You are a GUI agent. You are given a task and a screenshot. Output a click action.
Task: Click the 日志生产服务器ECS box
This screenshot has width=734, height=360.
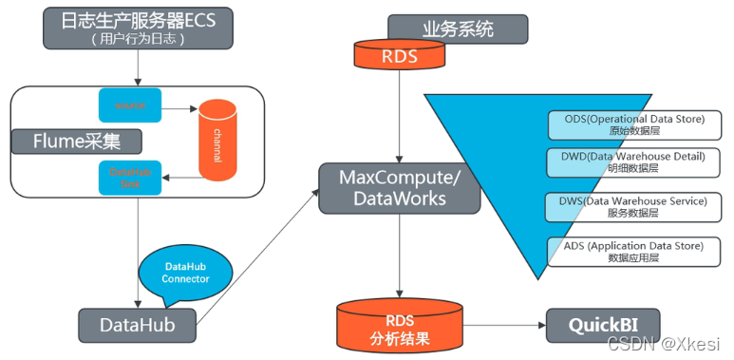pyautogui.click(x=138, y=28)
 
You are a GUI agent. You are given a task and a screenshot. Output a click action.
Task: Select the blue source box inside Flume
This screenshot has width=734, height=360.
pyautogui.click(x=130, y=103)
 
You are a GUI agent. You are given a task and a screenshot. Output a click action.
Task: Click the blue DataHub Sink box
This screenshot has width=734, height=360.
pyautogui.click(x=130, y=176)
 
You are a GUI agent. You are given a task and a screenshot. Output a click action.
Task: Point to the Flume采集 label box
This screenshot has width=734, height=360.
pyautogui.click(x=77, y=142)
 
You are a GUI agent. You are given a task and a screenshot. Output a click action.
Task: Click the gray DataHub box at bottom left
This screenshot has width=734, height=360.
pyautogui.click(x=139, y=325)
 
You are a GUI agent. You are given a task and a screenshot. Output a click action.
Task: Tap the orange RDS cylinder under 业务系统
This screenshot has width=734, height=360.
pyautogui.click(x=399, y=56)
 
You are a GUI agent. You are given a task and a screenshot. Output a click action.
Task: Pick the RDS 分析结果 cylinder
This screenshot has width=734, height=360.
pyautogui.click(x=399, y=326)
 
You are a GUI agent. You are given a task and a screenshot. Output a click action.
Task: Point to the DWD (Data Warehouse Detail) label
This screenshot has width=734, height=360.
pyautogui.click(x=627, y=162)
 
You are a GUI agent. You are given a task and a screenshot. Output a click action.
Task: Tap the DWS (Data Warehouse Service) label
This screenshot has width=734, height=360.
pyautogui.click(x=627, y=207)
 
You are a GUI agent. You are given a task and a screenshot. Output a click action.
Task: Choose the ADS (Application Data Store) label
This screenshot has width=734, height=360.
pyautogui.click(x=627, y=252)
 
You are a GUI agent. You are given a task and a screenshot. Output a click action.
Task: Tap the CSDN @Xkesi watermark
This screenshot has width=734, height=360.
pyautogui.click(x=671, y=343)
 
